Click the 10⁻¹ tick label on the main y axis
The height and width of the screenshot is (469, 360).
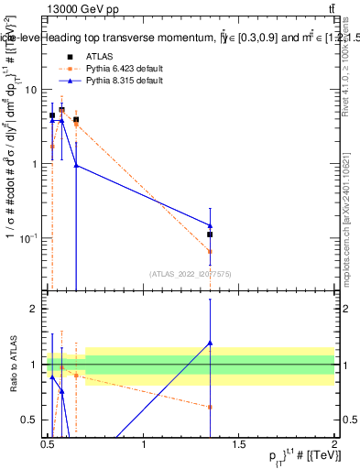[31, 237]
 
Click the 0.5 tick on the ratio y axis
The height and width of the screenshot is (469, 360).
[32, 420]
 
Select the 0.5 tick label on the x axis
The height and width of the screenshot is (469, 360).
[49, 444]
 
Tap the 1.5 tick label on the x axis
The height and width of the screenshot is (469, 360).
[239, 444]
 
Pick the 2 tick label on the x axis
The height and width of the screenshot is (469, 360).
[334, 444]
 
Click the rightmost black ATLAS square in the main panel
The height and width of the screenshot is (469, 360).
[210, 234]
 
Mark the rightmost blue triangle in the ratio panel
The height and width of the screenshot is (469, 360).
[210, 343]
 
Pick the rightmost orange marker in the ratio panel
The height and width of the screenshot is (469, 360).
[210, 407]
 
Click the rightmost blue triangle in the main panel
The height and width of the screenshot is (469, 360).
[210, 224]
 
